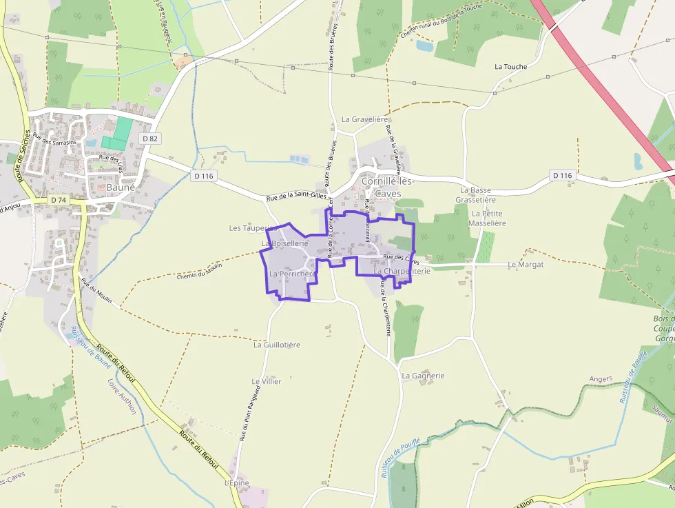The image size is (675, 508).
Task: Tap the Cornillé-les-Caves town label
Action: coord(386,187)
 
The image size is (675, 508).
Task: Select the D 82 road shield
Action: coord(149,139)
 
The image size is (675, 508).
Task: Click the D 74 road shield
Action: coord(58,200)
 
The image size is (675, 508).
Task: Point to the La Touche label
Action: coord(511,67)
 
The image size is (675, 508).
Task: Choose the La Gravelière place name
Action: coord(366,119)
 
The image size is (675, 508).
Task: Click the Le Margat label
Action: coord(526,265)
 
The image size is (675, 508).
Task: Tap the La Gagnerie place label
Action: coord(423,376)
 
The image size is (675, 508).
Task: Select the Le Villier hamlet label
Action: coord(267,381)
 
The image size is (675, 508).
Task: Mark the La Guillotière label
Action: coord(277,345)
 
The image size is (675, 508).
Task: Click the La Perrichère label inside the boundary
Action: coord(292,274)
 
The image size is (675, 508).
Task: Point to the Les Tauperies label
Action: coord(252,227)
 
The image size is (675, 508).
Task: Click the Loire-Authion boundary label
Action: coord(122,396)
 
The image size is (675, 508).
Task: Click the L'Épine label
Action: coord(236,483)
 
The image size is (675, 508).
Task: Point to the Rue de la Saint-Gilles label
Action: coord(295,197)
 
